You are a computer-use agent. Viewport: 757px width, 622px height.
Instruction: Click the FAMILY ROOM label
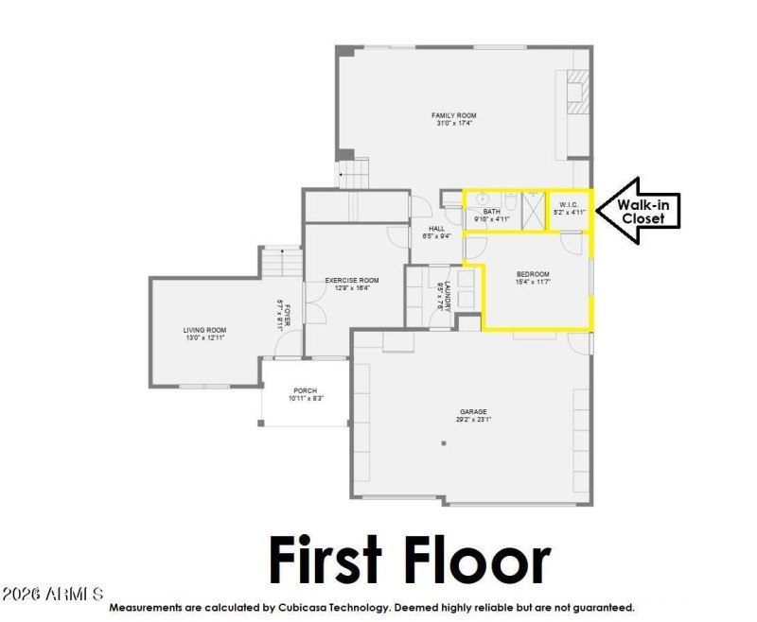point(454,115)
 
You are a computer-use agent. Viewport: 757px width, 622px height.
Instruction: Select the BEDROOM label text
point(533,274)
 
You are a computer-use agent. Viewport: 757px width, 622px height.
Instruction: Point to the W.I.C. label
point(569,205)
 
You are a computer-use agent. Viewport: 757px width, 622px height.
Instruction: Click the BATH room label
point(492,211)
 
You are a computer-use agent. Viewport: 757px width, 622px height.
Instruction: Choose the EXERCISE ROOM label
point(352,281)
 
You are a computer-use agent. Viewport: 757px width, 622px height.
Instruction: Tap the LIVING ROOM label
point(204,330)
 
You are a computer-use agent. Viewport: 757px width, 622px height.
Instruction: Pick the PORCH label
point(305,390)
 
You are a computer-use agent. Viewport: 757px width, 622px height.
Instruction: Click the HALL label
point(436,228)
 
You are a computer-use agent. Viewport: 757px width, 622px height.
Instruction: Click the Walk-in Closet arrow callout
point(643,211)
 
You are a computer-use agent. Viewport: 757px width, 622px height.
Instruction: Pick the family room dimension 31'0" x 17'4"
point(454,123)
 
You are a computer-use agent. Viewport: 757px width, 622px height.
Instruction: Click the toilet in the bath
point(510,201)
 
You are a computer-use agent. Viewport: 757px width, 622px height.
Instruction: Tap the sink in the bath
point(482,199)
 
